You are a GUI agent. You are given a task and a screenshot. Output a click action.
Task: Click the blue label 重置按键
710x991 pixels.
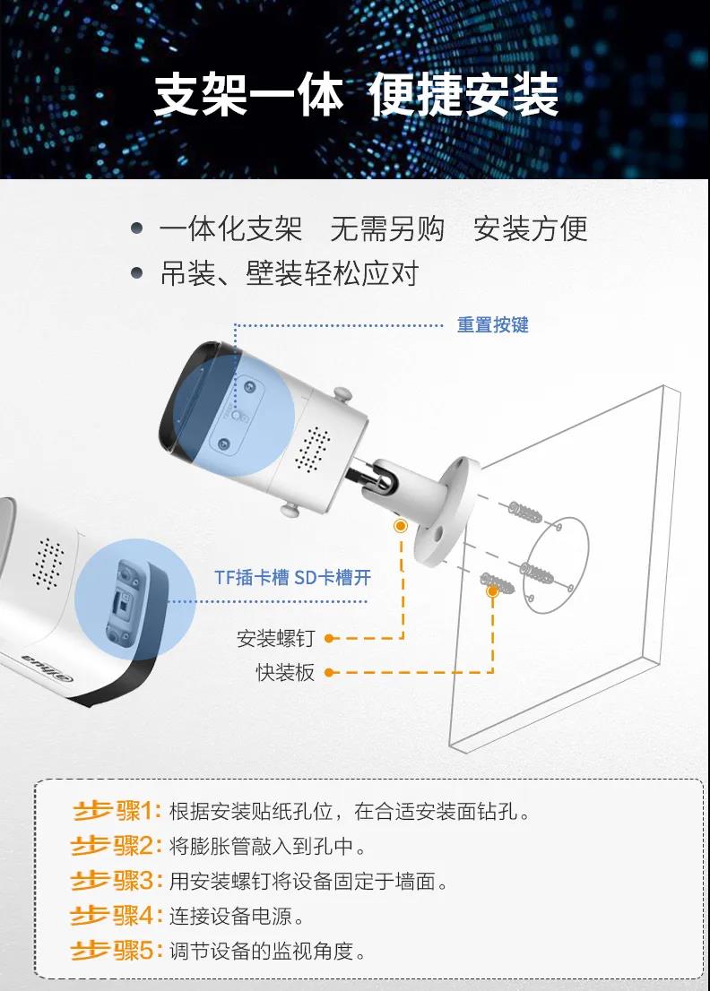click(492, 325)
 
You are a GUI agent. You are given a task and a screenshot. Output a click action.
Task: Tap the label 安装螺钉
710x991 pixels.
click(275, 638)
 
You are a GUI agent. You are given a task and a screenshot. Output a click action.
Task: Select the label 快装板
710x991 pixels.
click(285, 672)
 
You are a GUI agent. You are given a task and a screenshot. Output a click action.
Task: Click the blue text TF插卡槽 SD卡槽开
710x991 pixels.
click(292, 577)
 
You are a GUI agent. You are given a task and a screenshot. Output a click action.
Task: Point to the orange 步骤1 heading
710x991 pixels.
click(117, 811)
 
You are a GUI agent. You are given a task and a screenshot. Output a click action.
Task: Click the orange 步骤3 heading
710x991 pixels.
click(117, 881)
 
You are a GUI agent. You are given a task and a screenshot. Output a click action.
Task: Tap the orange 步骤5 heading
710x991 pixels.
click(117, 950)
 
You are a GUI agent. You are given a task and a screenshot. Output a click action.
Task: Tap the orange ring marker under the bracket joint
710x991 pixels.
click(400, 526)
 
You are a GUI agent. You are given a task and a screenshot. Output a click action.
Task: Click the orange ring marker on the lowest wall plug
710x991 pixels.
click(492, 591)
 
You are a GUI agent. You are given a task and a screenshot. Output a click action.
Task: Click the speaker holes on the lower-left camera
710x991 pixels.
click(48, 563)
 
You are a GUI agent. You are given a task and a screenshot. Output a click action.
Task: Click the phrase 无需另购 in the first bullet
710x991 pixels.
click(387, 228)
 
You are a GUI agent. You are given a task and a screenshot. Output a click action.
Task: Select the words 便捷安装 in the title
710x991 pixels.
click(463, 95)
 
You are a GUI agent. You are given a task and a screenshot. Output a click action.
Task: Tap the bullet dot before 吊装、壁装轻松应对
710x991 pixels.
click(136, 273)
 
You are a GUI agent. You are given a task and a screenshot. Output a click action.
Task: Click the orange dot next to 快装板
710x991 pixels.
click(329, 672)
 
